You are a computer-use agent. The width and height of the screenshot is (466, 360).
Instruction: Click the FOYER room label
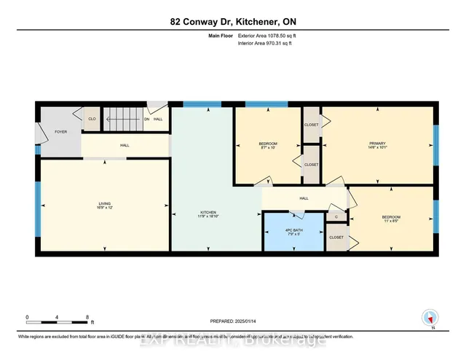tap(60, 133)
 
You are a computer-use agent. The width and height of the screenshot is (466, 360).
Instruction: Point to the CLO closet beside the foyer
tap(92, 119)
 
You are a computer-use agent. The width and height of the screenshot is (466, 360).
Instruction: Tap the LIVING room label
tap(104, 204)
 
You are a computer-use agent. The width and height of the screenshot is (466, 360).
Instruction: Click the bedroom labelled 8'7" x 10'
tap(268, 145)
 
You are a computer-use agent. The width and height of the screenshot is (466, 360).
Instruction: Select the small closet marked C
tap(336, 216)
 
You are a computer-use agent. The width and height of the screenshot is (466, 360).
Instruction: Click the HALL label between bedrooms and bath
tap(304, 197)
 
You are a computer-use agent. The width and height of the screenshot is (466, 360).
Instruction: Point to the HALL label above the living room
tap(125, 146)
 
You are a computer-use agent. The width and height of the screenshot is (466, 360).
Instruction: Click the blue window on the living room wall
tap(37, 205)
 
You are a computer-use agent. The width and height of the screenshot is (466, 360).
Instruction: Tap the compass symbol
tap(430, 318)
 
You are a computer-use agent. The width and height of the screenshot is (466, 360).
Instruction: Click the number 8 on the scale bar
tap(87, 318)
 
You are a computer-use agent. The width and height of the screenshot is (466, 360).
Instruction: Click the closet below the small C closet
tap(336, 238)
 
